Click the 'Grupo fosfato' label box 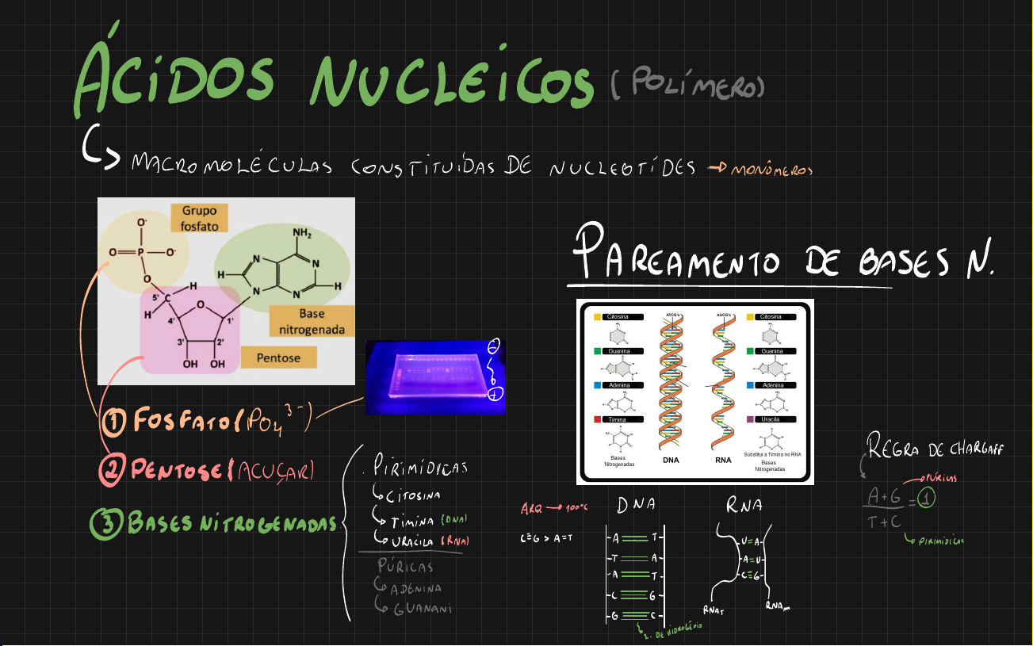199,219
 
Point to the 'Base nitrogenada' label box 312,321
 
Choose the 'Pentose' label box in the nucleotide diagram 278,358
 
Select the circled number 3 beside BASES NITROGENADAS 106,522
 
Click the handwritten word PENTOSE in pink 175,472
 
